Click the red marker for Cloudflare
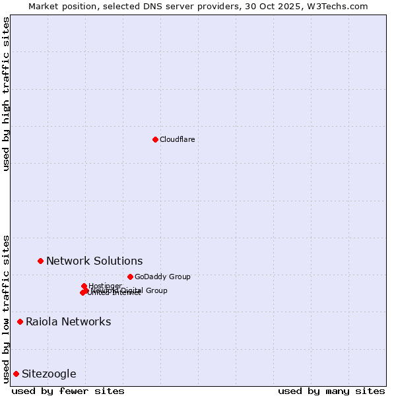155,139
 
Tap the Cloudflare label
177,139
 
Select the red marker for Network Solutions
40,261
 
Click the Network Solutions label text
94,261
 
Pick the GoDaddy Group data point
130,277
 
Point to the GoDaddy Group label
162,277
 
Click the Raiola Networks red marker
20,322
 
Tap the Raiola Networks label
68,322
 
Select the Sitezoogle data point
16,374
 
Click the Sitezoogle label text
49,374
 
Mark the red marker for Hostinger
84,286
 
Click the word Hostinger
106,285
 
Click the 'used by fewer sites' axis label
68,391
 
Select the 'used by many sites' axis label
331,391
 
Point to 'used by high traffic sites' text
7,94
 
